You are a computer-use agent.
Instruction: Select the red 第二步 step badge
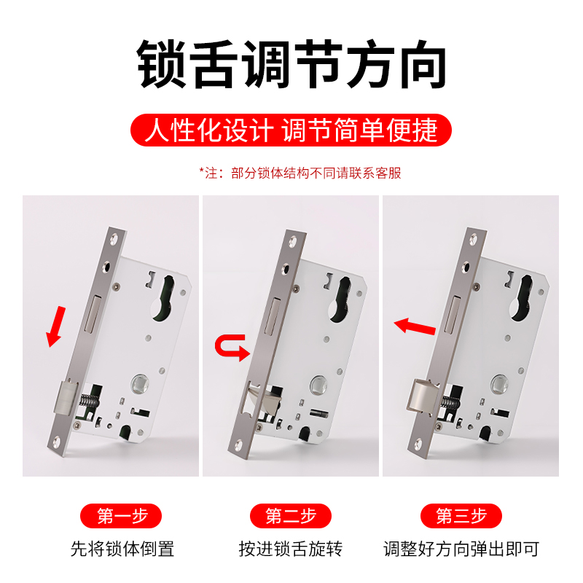291,516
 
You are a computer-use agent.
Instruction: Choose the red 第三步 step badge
461,516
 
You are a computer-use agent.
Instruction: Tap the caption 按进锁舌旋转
291,549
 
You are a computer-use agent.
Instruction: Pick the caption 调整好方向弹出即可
461,549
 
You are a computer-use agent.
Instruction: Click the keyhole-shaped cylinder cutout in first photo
165,299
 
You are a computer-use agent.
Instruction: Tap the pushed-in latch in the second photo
255,397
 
